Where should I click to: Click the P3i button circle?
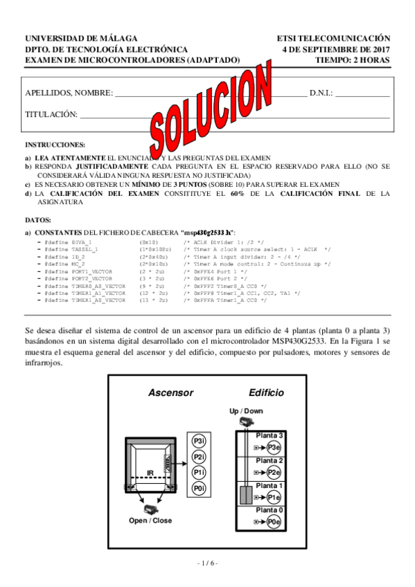199,441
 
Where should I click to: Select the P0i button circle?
199,489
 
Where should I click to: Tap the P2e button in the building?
274,472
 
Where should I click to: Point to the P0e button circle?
274,522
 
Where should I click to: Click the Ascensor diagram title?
170,392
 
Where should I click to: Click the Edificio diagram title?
266,392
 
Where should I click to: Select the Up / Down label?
246,411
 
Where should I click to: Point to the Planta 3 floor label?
270,435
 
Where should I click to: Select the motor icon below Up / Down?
245,422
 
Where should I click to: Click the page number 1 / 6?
207,563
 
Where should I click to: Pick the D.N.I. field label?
321,92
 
